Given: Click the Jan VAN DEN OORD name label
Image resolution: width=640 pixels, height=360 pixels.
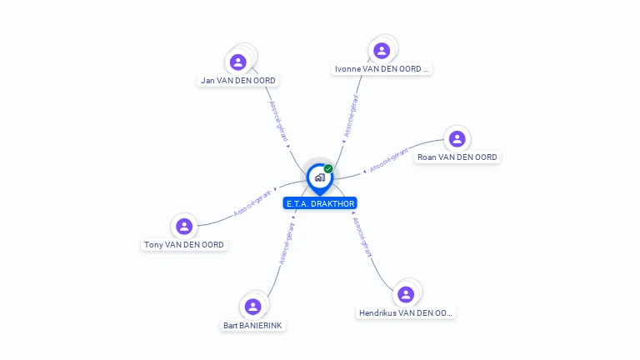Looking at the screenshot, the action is pos(238,81).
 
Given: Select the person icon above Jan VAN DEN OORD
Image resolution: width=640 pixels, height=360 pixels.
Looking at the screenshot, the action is pos(238,62).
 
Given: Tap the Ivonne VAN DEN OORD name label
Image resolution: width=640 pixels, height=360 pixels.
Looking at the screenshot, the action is pos(382,69).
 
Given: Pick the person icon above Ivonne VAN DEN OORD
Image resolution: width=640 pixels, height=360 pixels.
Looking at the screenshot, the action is pos(382,51).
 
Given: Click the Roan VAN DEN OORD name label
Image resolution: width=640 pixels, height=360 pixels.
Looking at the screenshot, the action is pos(457,157).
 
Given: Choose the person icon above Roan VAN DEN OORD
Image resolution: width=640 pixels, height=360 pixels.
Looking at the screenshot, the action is pos(456,138).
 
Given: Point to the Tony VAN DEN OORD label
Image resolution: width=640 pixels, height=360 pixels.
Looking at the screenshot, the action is pos(184,245).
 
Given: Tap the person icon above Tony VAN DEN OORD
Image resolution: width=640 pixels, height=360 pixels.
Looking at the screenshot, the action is pos(184,226).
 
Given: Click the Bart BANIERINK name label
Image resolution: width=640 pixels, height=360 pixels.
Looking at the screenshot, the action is pos(253,325).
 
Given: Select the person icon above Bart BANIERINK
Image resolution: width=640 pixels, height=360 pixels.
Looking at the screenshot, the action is pos(253,306).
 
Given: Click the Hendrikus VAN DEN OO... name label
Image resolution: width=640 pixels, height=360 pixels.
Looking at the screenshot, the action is pos(406,313).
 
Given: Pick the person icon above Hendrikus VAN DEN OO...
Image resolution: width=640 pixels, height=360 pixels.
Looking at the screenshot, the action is pos(406,294).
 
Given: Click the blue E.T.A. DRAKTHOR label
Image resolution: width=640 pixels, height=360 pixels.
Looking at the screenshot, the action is pos(320,203).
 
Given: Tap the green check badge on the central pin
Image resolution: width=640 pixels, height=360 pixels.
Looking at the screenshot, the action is pos(328,169).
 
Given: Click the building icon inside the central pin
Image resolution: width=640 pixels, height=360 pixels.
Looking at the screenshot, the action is pos(319,177).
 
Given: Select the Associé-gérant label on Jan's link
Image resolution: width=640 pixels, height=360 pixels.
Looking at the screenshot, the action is pos(280,121).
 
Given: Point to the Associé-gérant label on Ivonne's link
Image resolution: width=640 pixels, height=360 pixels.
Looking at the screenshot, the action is pos(352,116).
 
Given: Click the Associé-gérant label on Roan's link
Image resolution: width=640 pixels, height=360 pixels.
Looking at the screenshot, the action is pos(388,161).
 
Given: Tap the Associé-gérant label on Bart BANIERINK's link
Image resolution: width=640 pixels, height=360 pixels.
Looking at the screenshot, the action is pos(286,244).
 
